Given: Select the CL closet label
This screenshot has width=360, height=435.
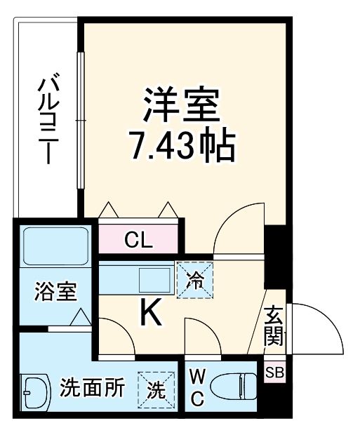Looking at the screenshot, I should click(x=138, y=241).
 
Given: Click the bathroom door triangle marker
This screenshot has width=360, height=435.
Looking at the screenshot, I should click(x=79, y=317).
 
